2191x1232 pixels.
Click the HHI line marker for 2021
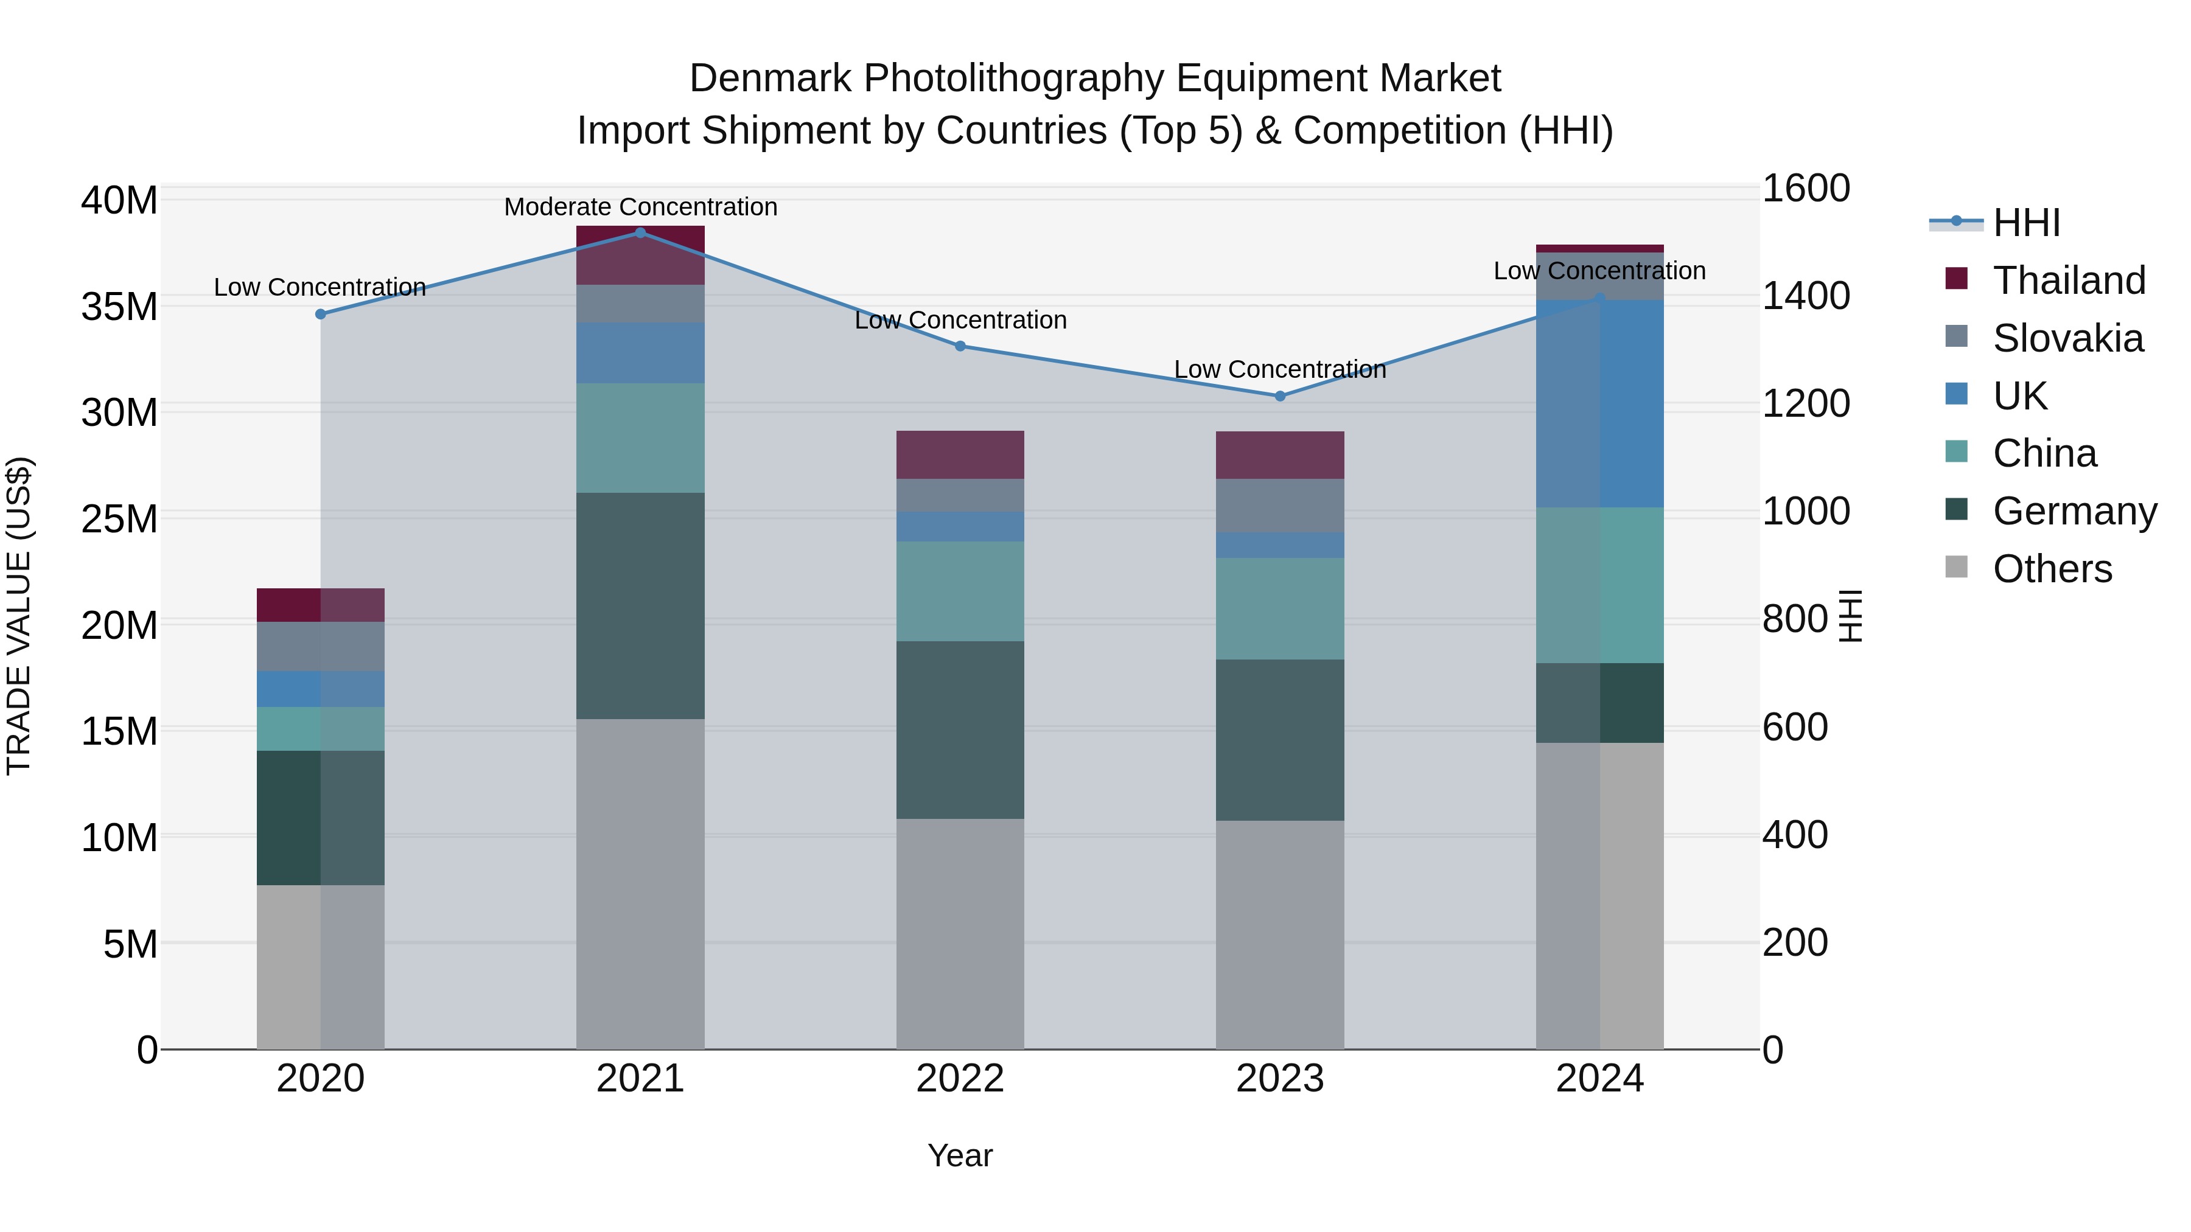coord(640,232)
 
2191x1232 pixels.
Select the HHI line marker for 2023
coord(1280,396)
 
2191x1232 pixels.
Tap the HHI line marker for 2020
coord(321,314)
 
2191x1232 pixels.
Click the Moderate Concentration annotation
coord(640,207)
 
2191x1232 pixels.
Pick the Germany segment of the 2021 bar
coord(640,605)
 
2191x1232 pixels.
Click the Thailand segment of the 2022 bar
coord(960,455)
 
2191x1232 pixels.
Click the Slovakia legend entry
coord(2067,338)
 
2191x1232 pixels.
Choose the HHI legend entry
coord(2025,223)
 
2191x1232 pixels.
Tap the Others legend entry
coord(2052,569)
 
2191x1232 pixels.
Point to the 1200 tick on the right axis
coord(1806,404)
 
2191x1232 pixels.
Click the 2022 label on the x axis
coord(960,1079)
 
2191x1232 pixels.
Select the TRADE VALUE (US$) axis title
coord(19,616)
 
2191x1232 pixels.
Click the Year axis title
coord(960,1155)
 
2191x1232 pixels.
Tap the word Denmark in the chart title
coord(770,78)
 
